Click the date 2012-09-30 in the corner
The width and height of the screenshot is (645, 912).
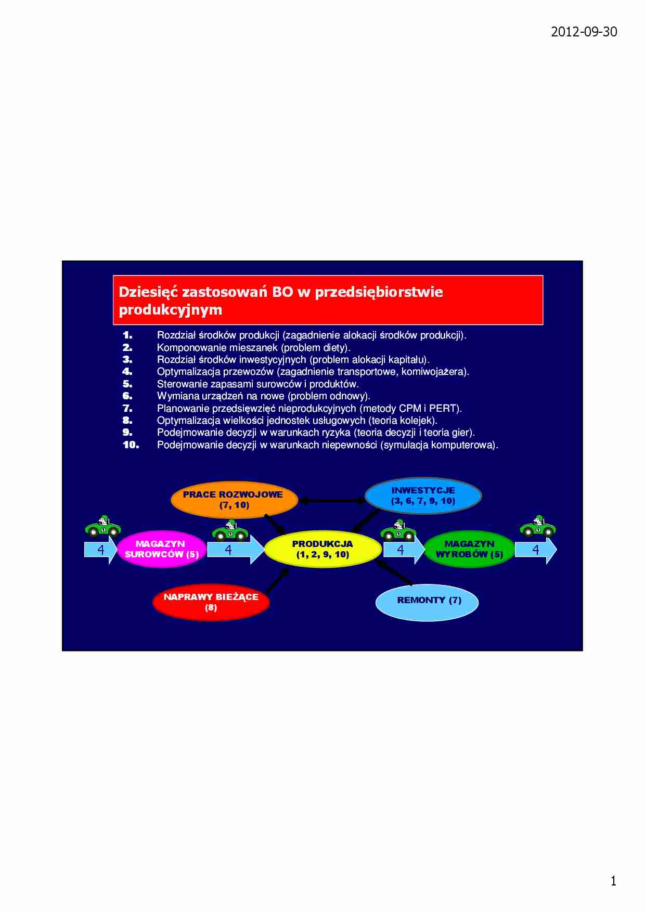tap(584, 32)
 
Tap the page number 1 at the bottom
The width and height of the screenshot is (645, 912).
tap(613, 881)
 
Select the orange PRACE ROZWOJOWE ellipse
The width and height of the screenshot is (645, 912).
tap(234, 500)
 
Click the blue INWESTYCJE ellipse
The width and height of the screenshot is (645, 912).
tap(423, 496)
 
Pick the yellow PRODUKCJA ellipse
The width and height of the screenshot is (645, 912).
tap(323, 549)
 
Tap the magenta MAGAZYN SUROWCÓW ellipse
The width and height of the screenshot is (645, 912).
tap(161, 549)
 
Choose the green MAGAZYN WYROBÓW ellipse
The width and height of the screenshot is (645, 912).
tap(470, 549)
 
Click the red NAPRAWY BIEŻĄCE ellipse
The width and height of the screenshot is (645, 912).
tap(211, 602)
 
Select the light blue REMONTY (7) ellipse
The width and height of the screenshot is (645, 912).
tap(427, 602)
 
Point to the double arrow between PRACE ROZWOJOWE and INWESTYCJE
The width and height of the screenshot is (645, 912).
tap(332, 501)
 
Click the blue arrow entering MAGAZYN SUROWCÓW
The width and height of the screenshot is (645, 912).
tap(101, 550)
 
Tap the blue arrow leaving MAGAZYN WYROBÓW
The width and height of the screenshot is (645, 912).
tap(536, 550)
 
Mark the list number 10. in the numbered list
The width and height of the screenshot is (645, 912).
tap(131, 445)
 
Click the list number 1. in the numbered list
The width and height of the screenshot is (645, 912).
tap(128, 335)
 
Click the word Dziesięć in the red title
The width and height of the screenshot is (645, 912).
tap(148, 292)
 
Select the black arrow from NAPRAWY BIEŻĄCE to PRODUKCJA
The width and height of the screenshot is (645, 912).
tap(277, 580)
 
